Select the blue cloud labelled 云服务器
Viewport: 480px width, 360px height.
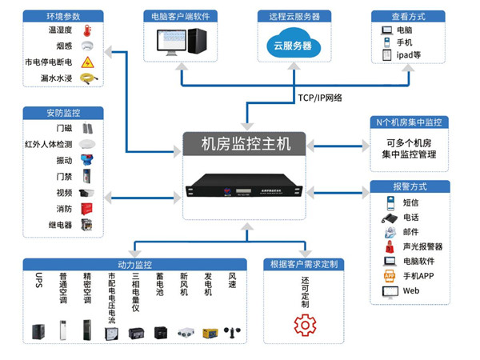294,45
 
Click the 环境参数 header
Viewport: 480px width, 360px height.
63,16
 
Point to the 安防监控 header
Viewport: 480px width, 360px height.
63,112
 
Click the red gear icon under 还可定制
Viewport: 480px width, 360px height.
305,325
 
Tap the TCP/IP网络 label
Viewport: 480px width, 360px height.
319,98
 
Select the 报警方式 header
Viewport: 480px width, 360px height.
410,186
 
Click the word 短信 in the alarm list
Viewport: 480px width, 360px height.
410,202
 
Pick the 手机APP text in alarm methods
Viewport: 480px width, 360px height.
418,276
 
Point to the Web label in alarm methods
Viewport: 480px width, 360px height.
410,291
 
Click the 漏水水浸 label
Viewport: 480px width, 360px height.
58,78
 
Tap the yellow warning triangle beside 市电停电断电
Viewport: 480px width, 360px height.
88,62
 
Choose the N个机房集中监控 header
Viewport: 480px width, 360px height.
410,122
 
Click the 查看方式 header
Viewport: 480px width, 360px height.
408,16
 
